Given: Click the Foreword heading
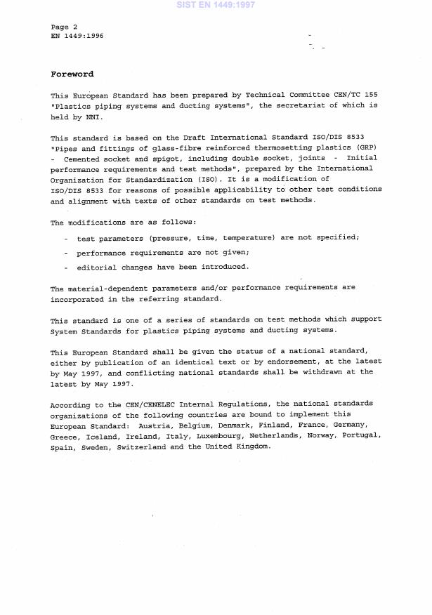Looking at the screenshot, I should (72, 74).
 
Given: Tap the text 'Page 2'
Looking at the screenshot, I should (64, 27).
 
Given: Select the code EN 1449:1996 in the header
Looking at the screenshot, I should (77, 35).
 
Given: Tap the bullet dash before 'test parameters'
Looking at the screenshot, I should (66, 239).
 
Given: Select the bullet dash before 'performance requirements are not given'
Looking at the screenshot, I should (66, 253).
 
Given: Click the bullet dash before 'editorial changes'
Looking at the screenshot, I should (66, 267).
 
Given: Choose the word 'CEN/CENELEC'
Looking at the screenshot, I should (147, 404).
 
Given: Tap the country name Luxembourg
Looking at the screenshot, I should (233, 436).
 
